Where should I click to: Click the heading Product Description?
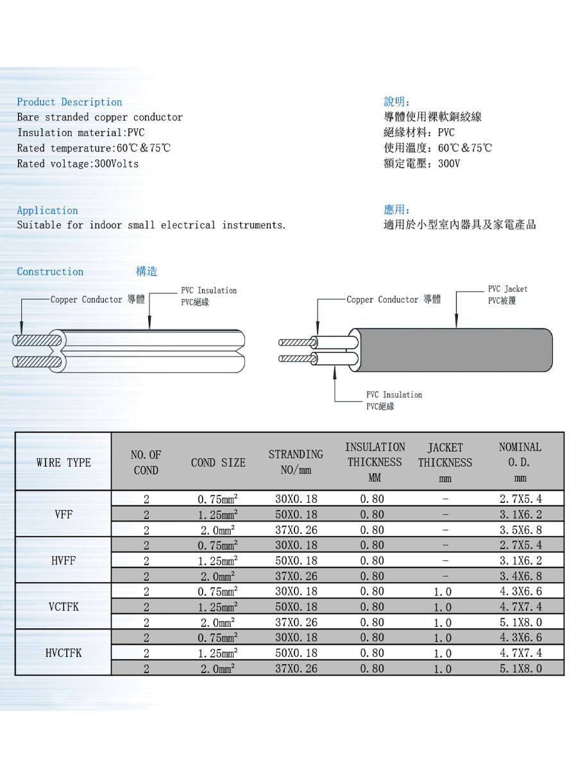tap(69, 102)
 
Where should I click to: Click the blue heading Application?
tap(47, 210)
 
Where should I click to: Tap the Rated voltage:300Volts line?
tap(78, 164)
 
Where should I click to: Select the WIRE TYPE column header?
tap(63, 463)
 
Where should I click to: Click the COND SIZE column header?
tap(218, 463)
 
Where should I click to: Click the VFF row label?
tap(63, 514)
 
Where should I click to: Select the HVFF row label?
tap(63, 560)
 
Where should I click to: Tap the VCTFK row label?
tap(63, 606)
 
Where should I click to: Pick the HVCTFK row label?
tap(63, 653)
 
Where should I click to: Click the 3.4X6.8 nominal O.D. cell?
tap(521, 576)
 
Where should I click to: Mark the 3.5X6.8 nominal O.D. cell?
tap(521, 530)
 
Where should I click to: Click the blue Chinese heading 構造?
tap(147, 271)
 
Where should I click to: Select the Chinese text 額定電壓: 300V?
tap(422, 164)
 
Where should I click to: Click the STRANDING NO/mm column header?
tap(296, 463)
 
